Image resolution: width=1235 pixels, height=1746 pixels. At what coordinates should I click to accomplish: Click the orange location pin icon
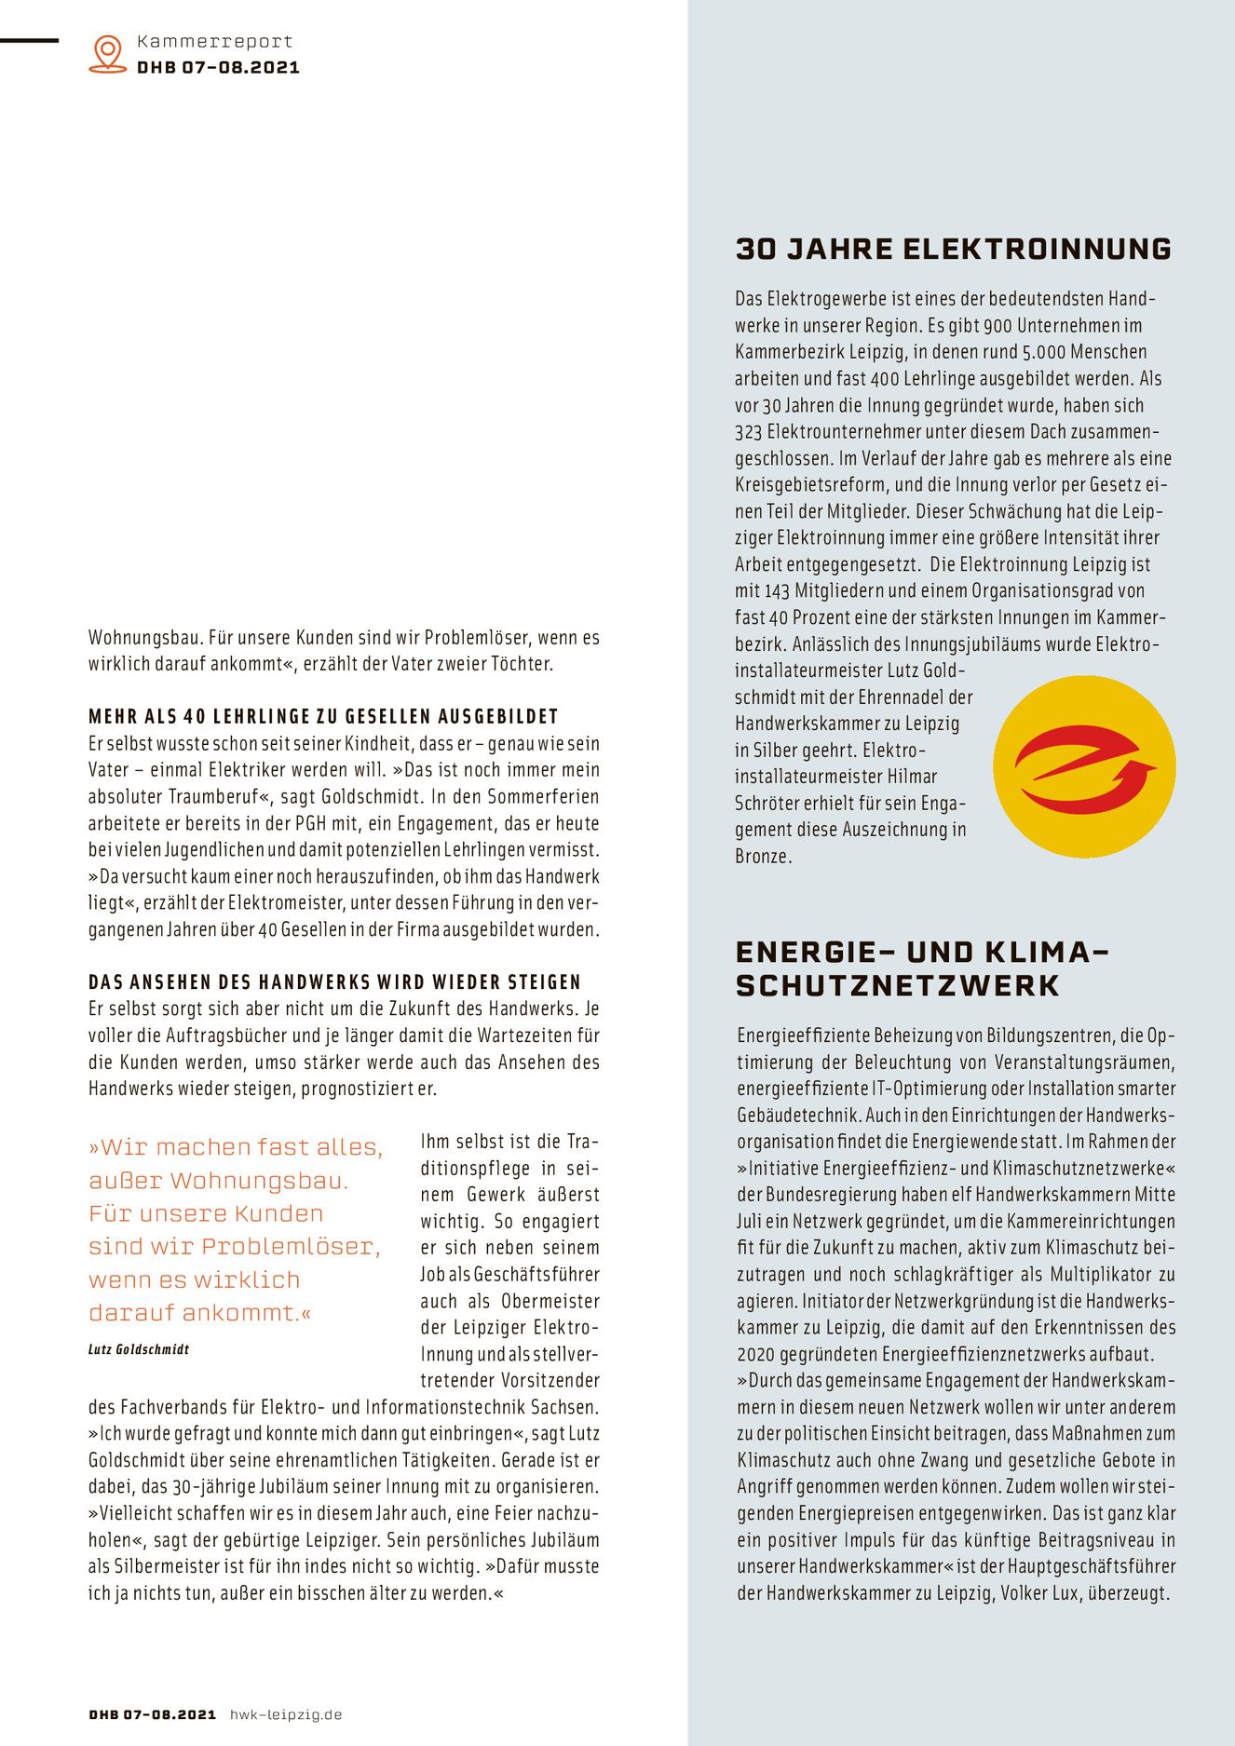[x=108, y=53]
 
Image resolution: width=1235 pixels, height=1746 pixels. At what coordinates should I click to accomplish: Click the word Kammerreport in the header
[x=214, y=42]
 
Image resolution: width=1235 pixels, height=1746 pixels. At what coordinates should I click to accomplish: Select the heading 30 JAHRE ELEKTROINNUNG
[x=954, y=249]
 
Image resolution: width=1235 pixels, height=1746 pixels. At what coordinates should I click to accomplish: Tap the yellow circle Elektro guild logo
[x=1084, y=766]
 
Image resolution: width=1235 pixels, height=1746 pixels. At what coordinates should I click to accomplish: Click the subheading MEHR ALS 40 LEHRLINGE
[x=323, y=717]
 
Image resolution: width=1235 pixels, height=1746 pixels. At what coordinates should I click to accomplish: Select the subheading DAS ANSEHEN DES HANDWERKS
[x=334, y=982]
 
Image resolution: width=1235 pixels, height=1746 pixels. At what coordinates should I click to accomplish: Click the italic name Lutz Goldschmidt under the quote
[x=139, y=1349]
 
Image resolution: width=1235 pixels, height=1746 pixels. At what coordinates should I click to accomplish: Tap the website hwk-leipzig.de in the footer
[x=286, y=1714]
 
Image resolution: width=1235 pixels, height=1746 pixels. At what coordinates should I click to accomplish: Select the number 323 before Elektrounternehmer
[x=748, y=432]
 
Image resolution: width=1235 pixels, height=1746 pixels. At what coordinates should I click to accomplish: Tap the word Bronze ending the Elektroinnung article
[x=763, y=857]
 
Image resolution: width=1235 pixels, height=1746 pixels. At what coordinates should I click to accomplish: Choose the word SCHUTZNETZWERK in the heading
[x=898, y=986]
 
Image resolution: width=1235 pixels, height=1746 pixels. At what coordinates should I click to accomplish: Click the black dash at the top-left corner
[x=29, y=41]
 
